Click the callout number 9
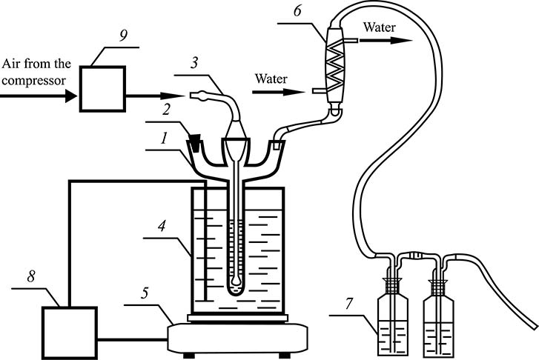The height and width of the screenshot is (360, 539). pos(123,36)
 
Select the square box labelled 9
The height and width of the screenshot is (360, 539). pos(102,89)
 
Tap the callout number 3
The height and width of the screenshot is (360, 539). pos(194,63)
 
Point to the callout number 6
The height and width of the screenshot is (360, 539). pos(298,11)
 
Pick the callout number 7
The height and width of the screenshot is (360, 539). pos(350,303)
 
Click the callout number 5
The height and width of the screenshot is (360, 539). pos(145,293)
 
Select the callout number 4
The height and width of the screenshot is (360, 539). pos(162,226)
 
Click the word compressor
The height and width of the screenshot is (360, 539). pos(33,81)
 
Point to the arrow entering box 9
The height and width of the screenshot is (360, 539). pos(39,96)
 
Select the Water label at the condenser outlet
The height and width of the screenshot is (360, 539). pos(380,27)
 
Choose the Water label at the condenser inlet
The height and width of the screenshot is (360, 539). pos(271,79)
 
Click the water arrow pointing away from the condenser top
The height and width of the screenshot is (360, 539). pos(386,41)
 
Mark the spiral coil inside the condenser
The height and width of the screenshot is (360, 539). pos(334,63)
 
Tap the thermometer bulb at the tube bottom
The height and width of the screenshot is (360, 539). pos(236,281)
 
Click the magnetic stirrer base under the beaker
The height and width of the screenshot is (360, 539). pos(238,339)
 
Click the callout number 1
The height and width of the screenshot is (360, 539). pos(165,139)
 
